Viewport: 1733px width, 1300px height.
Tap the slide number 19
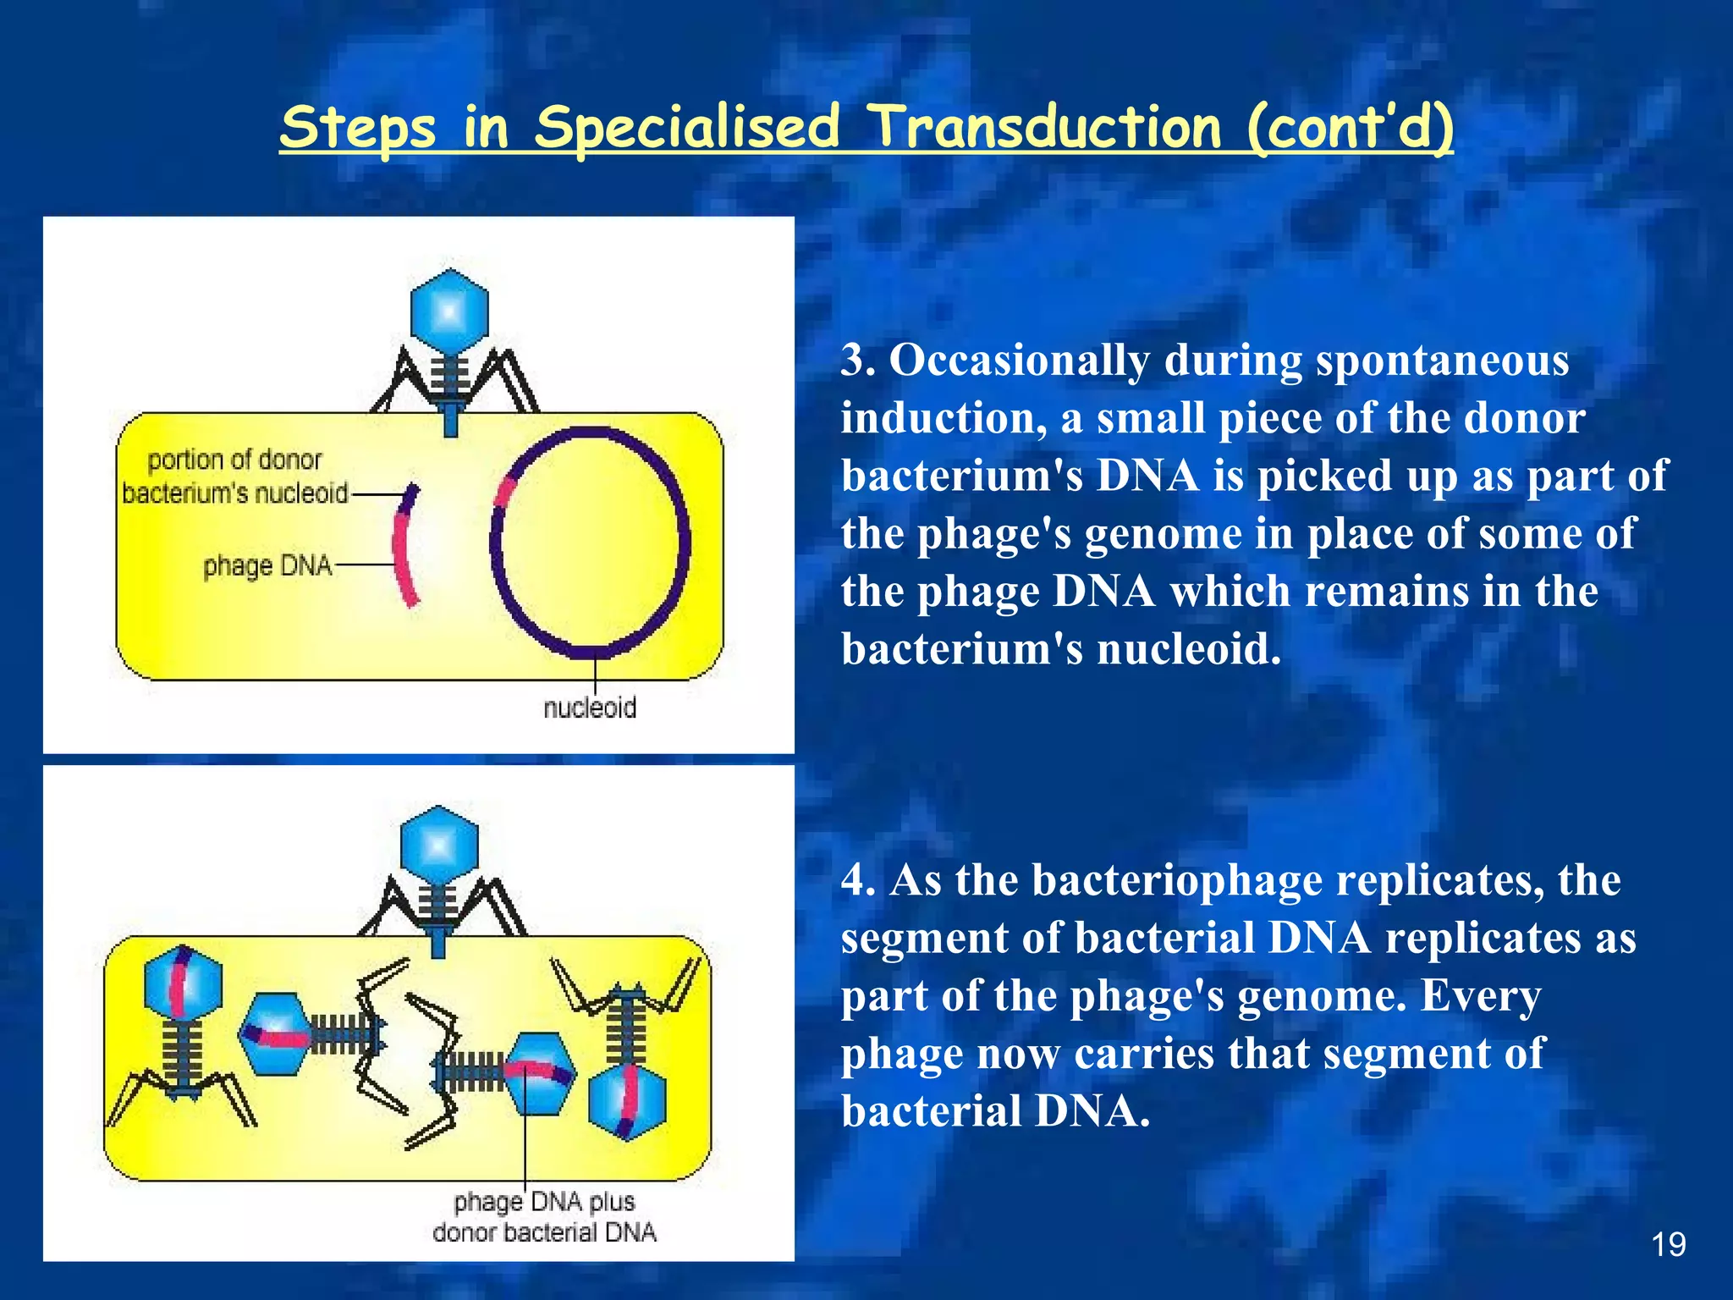tap(1668, 1244)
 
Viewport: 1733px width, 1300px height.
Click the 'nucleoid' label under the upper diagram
tap(590, 708)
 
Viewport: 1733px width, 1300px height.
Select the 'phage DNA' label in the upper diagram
tap(267, 565)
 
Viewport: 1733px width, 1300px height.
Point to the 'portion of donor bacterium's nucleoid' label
tap(235, 476)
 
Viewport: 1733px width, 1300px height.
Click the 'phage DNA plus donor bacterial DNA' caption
tap(544, 1217)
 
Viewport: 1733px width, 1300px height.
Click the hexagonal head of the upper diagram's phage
tap(449, 311)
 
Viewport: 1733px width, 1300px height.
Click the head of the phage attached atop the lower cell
tap(439, 845)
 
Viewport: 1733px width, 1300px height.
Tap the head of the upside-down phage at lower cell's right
tap(627, 1102)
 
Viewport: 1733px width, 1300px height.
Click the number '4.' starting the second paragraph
tap(857, 880)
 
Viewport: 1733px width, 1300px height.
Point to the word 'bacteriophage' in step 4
tap(1177, 880)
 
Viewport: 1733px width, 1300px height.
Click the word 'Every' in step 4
tap(1480, 995)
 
